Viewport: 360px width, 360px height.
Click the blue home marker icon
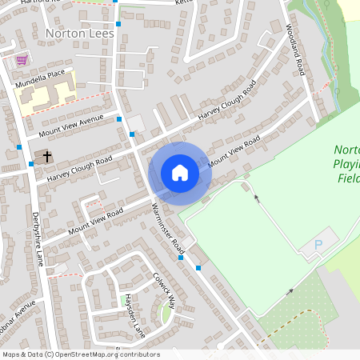click(180, 173)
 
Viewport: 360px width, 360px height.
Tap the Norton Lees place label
click(80, 34)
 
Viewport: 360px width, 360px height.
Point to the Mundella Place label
click(44, 73)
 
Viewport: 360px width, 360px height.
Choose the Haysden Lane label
click(134, 314)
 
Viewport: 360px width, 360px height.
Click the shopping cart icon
click(22, 59)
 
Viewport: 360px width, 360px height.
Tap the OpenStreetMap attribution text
click(81, 354)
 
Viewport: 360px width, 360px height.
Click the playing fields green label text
click(347, 164)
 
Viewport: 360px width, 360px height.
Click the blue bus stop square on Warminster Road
click(198, 268)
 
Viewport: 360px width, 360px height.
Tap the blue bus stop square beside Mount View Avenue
click(120, 119)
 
